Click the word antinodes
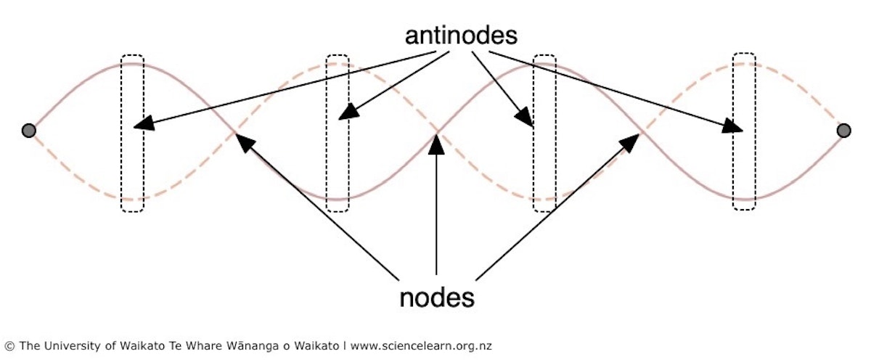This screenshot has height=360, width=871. pos(461,36)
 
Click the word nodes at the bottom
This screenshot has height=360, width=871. pos(437,298)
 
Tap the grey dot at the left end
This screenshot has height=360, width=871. pos(29,131)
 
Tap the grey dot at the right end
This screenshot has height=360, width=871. pos(843,131)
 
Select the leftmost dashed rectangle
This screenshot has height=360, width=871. pos(121,134)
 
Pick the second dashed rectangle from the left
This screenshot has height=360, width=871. pos(327,134)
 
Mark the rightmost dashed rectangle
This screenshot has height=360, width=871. pos(733,131)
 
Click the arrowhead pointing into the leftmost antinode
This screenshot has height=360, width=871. pos(143,123)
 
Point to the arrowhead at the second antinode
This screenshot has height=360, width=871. pos(348,112)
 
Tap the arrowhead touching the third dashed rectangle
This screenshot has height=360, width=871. pos(524,116)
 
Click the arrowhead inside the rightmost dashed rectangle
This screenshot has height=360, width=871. pos(732,126)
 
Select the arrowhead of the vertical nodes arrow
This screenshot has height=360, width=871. pos(436,144)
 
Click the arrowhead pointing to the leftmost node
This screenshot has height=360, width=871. pos(245,142)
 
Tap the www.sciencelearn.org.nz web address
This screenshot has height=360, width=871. pos(421,346)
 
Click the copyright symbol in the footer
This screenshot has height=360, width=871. pos(9,346)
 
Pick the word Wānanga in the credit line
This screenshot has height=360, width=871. pos(253,346)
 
